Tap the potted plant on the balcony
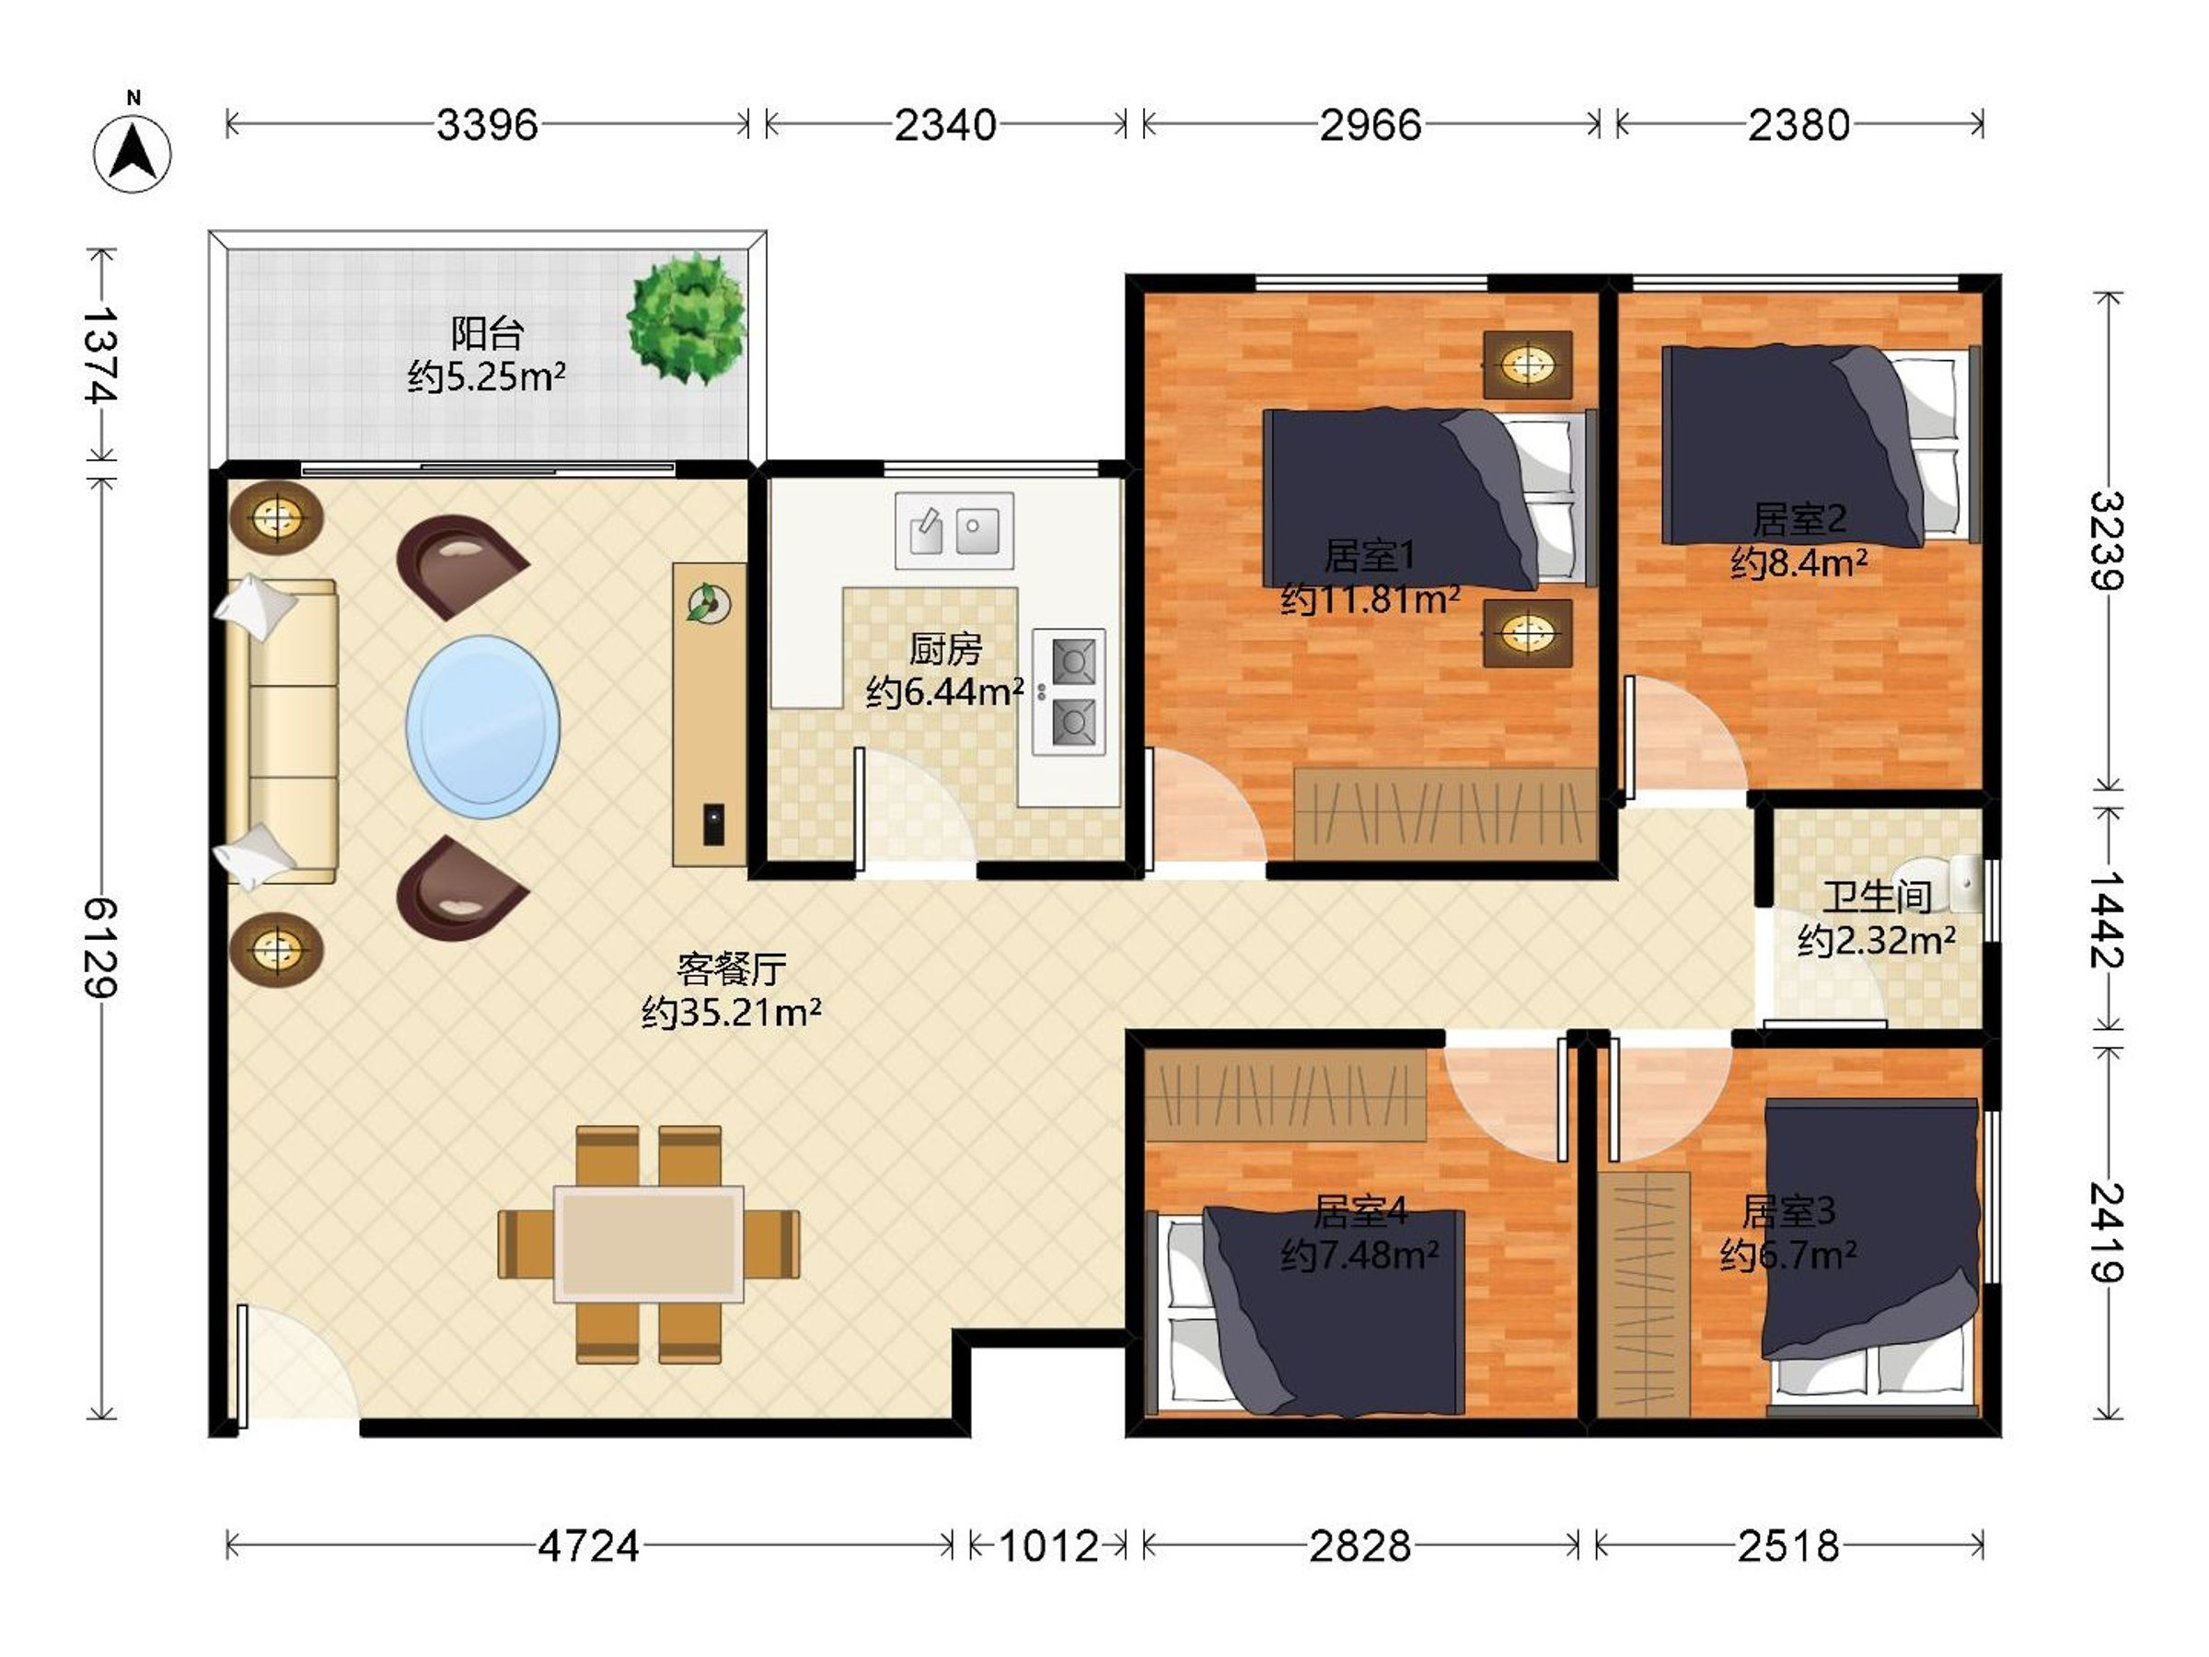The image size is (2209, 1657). coord(687,319)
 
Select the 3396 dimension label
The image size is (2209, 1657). coord(487,125)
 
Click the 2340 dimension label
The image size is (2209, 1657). coord(944,125)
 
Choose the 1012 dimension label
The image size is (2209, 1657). coord(1048,1547)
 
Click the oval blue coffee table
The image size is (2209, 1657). coord(483,727)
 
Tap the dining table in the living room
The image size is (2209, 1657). coord(649,1245)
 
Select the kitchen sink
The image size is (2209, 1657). coord(954,530)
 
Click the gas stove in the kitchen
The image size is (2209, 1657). coord(1069,691)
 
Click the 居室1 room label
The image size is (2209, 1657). coord(1370,555)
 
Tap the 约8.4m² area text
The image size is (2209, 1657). coord(1799,563)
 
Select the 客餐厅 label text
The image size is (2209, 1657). coord(732,968)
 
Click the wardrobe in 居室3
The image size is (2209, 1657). coord(1643,1294)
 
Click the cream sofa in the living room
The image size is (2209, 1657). coord(283,731)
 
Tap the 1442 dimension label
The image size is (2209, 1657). coord(2108,920)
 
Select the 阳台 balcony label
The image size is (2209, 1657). coord(487,332)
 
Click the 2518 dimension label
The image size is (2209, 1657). coord(1788,1547)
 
